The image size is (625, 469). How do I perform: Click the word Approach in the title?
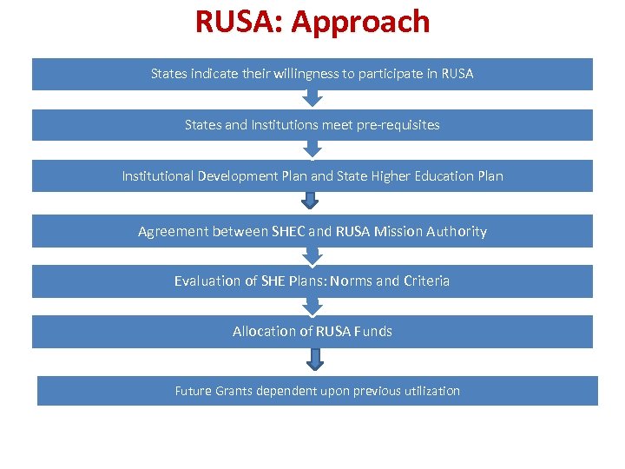pos(360,22)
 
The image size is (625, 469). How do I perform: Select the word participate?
pos(391,74)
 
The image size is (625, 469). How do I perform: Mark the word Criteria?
pos(426,281)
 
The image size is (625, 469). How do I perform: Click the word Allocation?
pos(265,332)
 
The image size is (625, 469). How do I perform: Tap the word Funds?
pos(372,332)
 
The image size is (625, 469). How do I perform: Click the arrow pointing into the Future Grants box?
pos(315,360)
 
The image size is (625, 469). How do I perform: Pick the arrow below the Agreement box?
pos(312,256)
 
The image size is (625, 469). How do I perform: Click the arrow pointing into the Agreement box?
pos(310,202)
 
